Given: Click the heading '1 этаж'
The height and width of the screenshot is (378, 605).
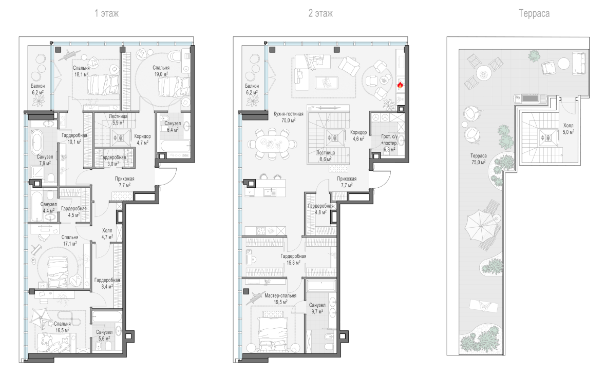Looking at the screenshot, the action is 106,13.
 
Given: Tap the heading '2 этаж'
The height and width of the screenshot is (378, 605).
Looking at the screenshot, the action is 320,13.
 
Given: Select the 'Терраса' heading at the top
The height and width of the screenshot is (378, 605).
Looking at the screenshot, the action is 534,13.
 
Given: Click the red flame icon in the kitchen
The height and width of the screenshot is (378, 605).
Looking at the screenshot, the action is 400,85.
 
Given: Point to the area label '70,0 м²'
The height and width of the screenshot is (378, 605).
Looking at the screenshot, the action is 288,120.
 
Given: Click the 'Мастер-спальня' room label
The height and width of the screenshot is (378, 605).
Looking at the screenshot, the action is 280,295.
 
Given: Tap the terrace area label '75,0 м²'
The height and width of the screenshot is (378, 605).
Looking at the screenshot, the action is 479,162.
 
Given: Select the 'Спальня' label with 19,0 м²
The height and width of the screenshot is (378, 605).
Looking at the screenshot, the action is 161,68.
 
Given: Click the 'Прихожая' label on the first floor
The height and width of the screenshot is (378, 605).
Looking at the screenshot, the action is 125,179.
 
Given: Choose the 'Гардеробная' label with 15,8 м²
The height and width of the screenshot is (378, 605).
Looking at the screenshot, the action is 294,256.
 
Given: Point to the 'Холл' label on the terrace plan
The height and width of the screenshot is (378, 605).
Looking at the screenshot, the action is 568,126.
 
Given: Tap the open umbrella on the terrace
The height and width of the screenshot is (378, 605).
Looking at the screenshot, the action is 479,227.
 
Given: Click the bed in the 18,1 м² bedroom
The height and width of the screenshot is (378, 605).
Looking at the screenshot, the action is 103,85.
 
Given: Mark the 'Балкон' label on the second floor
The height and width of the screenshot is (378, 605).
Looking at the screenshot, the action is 252,86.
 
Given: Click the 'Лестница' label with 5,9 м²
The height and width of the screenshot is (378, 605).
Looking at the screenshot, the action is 118,116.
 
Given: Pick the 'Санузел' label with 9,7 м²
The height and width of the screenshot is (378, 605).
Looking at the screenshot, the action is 317,305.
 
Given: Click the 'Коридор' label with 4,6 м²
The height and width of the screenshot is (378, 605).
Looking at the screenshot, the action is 358,132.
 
